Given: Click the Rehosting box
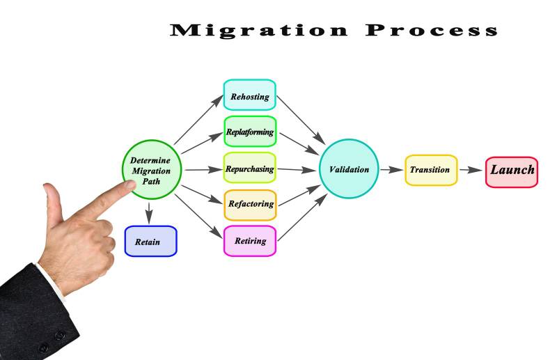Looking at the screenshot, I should click(249, 96).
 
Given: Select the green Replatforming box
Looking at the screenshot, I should click(249, 132).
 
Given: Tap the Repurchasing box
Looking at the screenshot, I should click(249, 168).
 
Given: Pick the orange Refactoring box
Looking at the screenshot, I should click(249, 204).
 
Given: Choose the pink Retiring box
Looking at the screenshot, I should click(249, 240).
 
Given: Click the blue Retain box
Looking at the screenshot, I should click(150, 241).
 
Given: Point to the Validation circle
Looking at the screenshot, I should click(349, 169).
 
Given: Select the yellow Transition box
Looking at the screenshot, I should click(430, 169).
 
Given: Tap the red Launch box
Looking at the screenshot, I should click(512, 171).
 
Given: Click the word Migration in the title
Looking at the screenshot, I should click(258, 30).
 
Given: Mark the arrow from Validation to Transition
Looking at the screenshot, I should click(391, 169).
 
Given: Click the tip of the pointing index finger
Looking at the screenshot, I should click(133, 185).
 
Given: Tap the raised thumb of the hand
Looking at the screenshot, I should click(50, 202).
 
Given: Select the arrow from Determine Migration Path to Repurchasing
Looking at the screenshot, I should click(203, 169).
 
